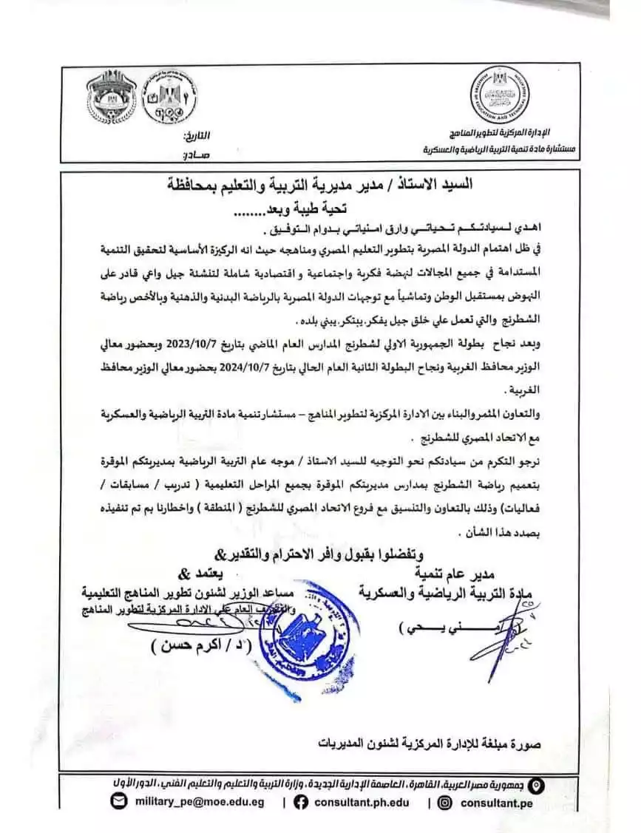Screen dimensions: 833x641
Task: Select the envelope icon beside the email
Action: point(118,801)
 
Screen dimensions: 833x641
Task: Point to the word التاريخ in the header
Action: point(195,136)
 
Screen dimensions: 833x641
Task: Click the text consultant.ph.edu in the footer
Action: point(361,801)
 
